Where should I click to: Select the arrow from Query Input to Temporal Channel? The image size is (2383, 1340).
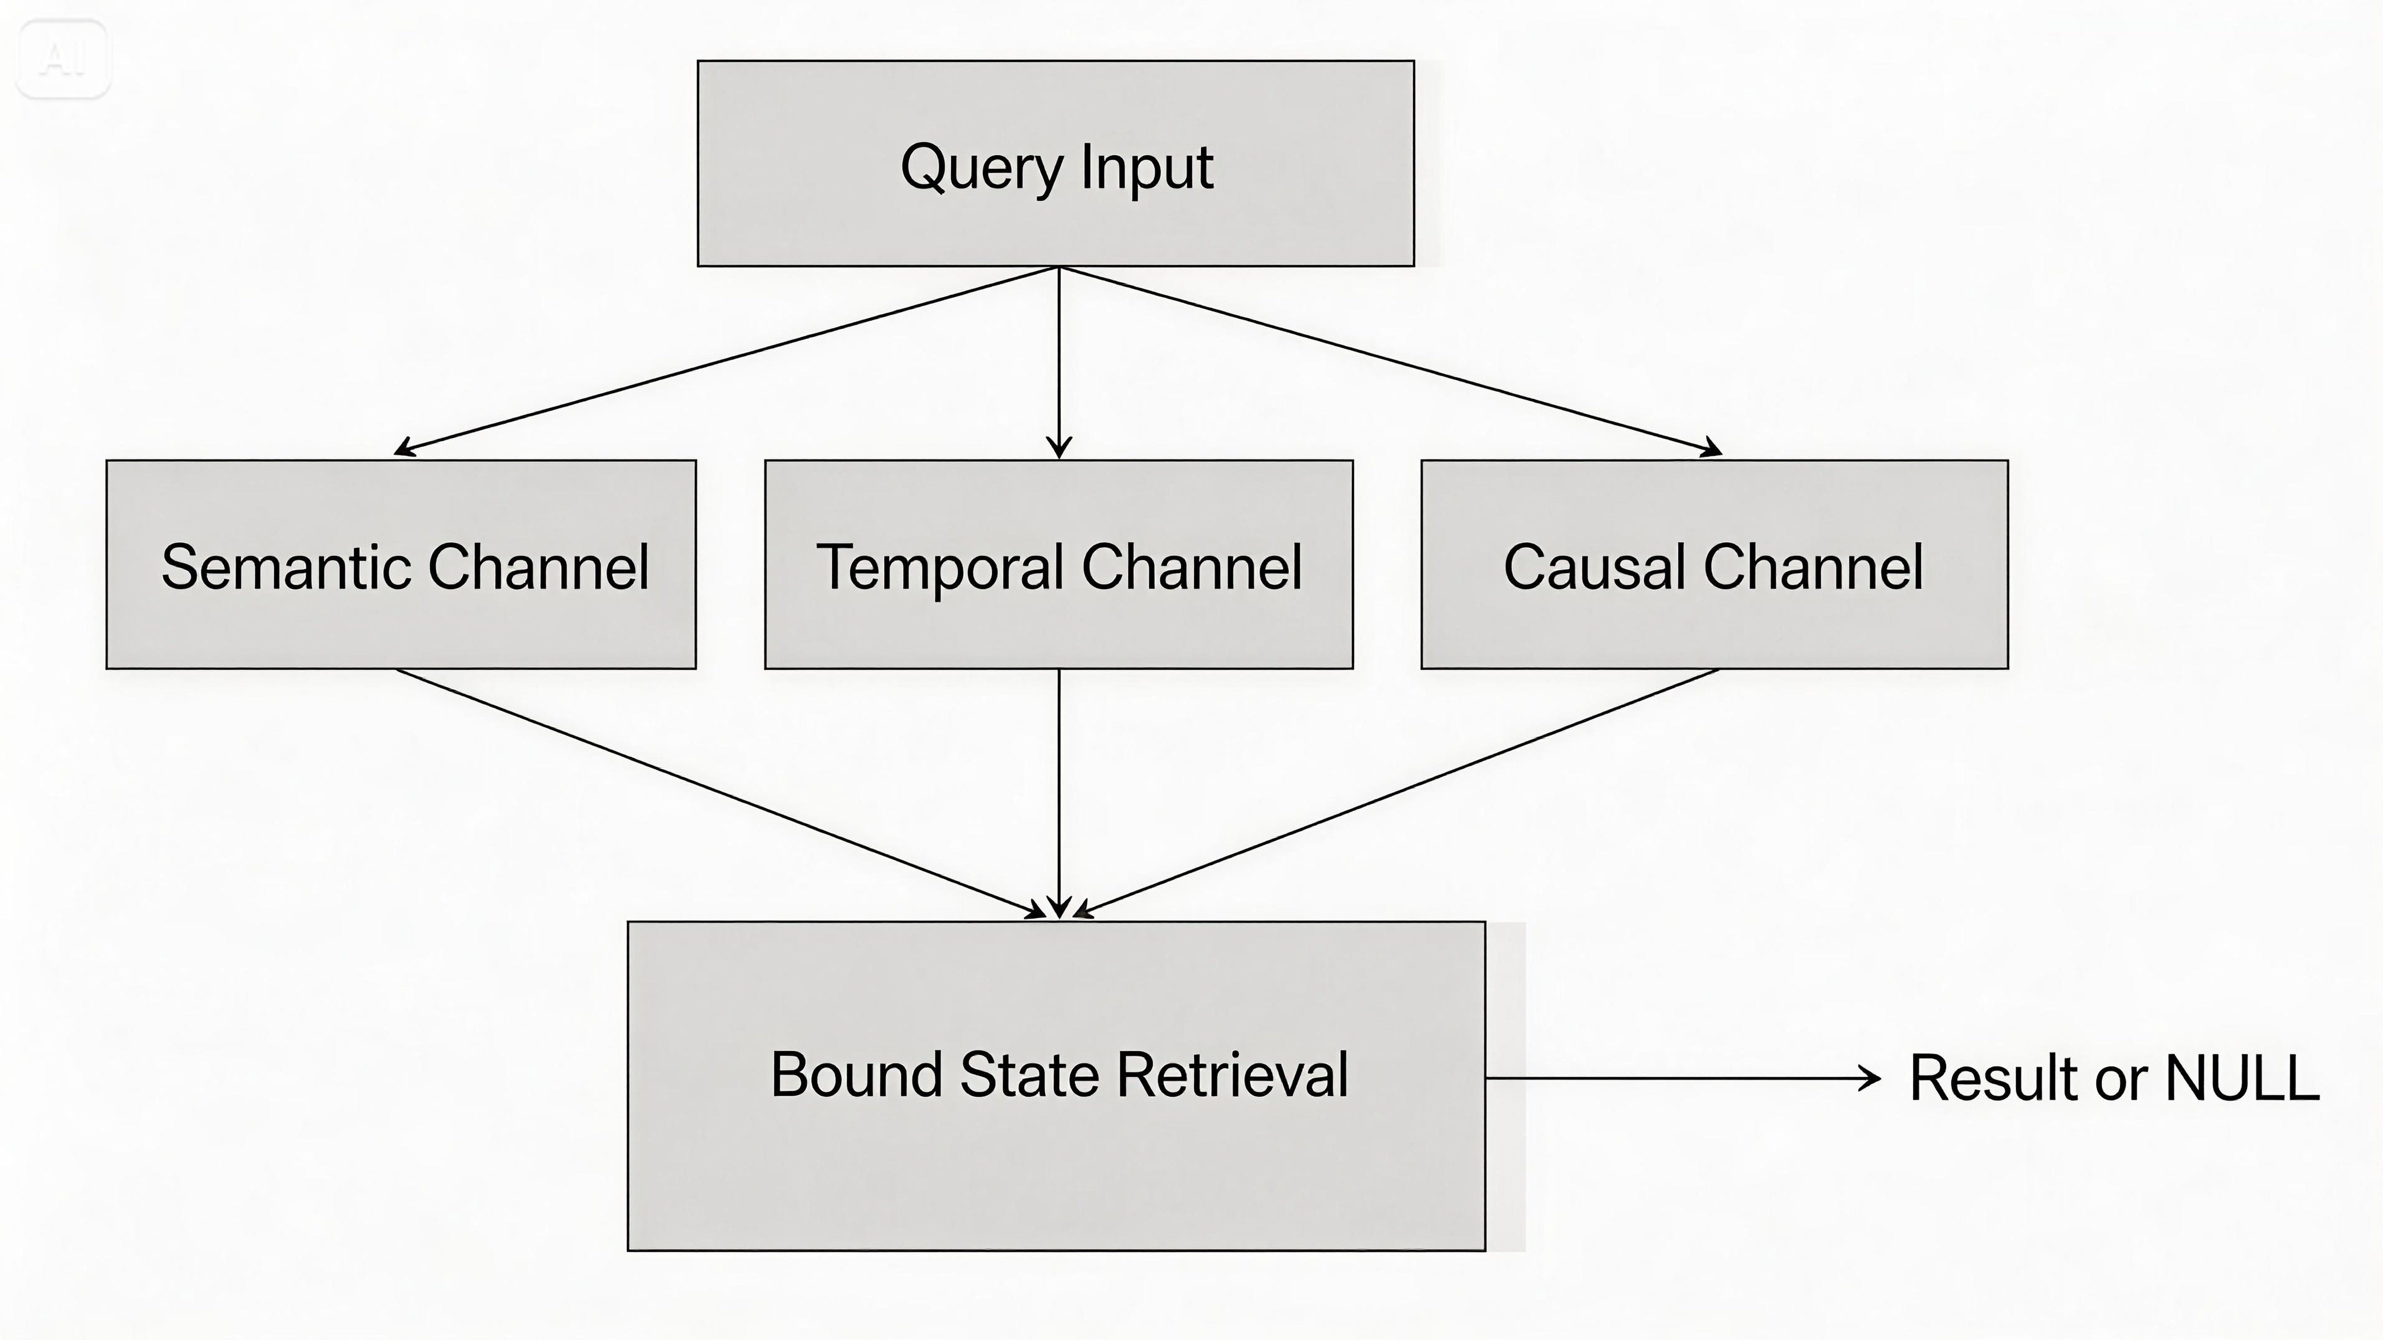click(x=1059, y=361)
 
